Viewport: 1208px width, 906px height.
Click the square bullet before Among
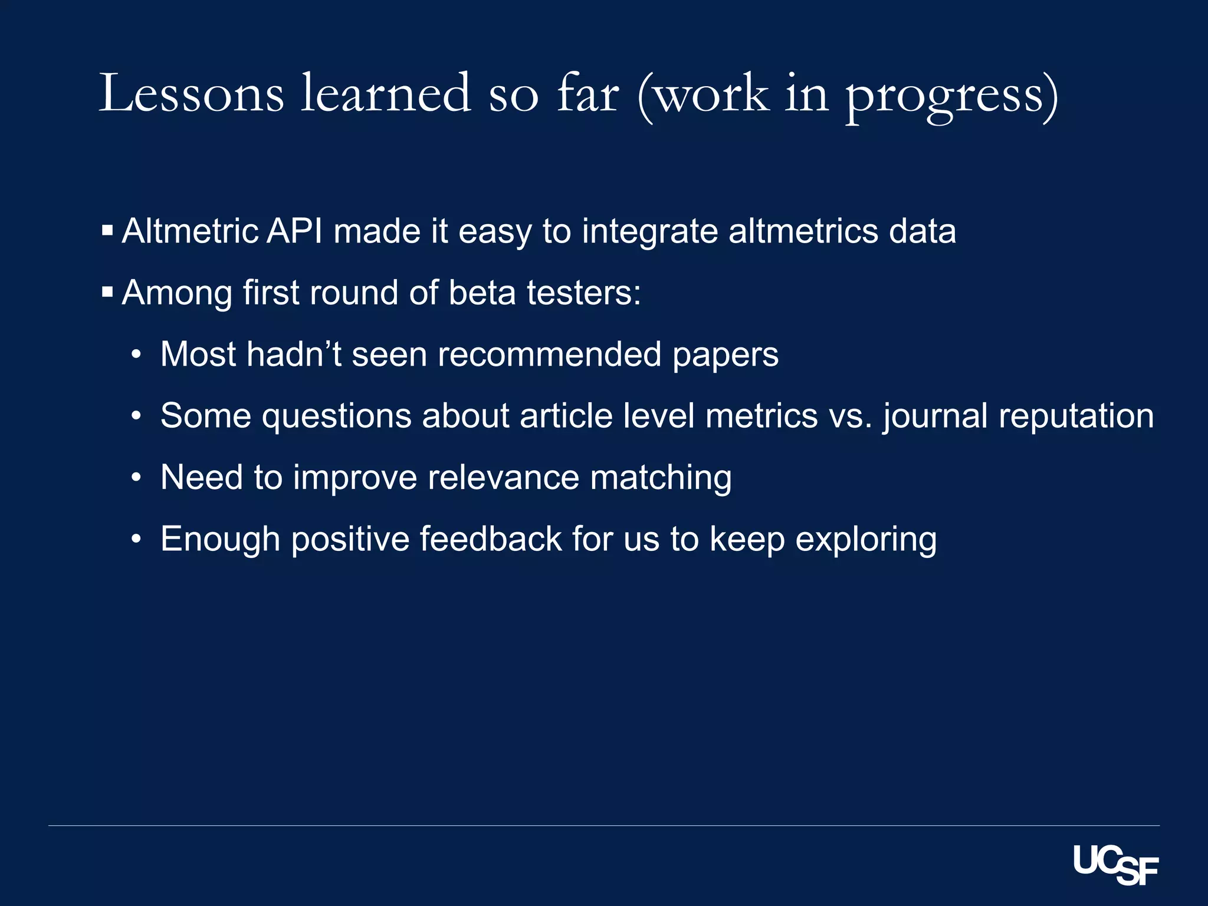click(x=107, y=292)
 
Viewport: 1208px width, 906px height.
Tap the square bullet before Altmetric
click(x=107, y=230)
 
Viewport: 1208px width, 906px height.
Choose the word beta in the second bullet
click(x=482, y=293)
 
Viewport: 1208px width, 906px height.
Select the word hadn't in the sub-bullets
click(x=293, y=354)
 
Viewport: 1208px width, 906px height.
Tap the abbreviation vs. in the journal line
click(x=850, y=416)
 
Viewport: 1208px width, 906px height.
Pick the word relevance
click(x=503, y=477)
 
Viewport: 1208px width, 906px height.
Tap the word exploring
click(x=866, y=540)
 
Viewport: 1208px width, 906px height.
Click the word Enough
click(x=220, y=539)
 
